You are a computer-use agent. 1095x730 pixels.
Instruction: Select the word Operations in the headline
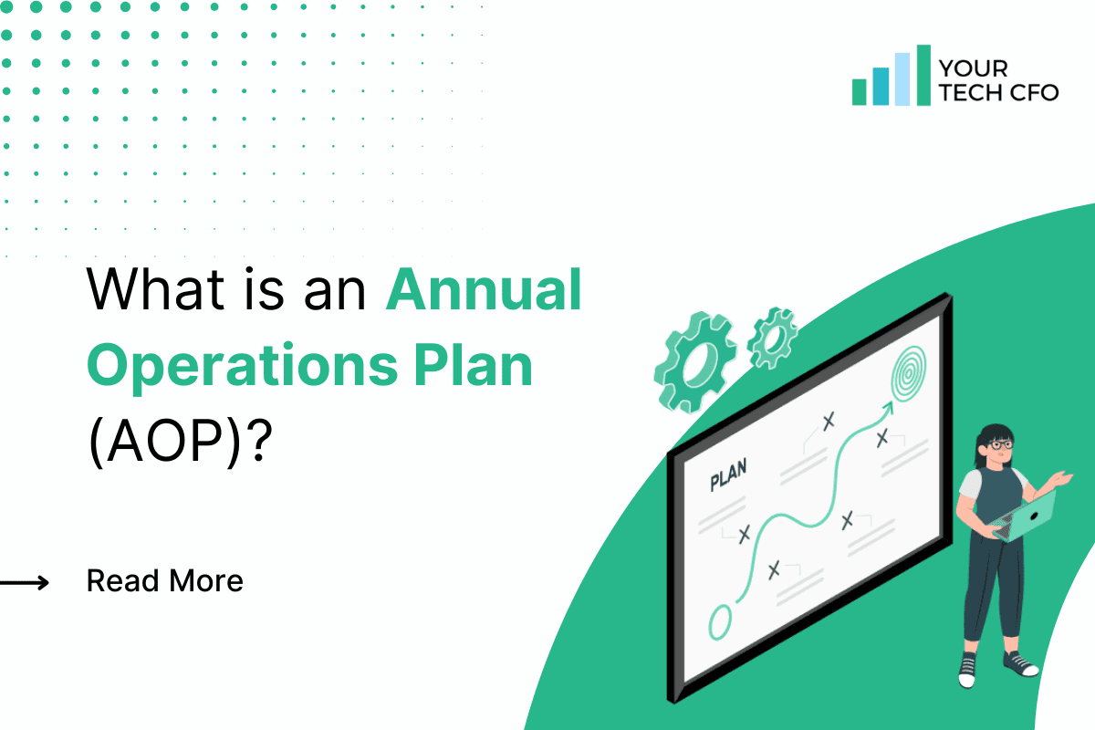coord(234,366)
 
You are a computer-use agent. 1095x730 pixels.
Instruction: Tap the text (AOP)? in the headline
coord(182,441)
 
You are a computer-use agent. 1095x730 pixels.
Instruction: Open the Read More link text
coord(165,580)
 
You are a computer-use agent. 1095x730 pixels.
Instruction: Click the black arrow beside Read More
coord(25,581)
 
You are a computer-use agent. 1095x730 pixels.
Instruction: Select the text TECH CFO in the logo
coord(998,92)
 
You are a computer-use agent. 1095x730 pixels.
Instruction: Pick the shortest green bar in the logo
coord(859,91)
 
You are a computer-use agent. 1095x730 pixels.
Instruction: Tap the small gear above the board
coord(772,332)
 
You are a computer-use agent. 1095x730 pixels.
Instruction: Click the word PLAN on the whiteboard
coord(727,474)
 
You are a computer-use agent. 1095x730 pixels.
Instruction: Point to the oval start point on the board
coord(720,621)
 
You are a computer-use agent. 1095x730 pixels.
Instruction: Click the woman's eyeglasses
coord(1000,444)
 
